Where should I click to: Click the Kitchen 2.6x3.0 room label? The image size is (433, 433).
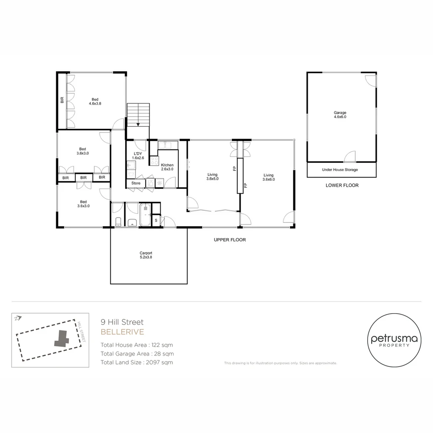point(167,167)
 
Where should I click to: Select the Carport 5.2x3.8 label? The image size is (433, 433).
point(146,255)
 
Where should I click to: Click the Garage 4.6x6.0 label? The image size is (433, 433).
point(340,115)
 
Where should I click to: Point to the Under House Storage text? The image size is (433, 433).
point(340,170)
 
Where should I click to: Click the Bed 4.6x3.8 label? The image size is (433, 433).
point(95,101)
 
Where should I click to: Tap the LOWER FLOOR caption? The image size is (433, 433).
point(342,185)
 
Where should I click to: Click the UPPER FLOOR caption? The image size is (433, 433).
point(230,240)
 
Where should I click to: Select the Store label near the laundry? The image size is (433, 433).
point(136,183)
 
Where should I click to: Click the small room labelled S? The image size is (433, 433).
point(156,221)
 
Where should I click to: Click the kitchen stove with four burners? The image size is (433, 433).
point(154,161)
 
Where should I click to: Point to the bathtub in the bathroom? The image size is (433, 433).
point(145,215)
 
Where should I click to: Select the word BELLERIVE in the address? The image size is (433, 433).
point(122,332)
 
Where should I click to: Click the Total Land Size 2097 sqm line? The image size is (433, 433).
point(137,362)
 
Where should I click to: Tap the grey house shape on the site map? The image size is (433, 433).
point(61,339)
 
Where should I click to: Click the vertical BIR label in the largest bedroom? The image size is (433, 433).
point(62,100)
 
